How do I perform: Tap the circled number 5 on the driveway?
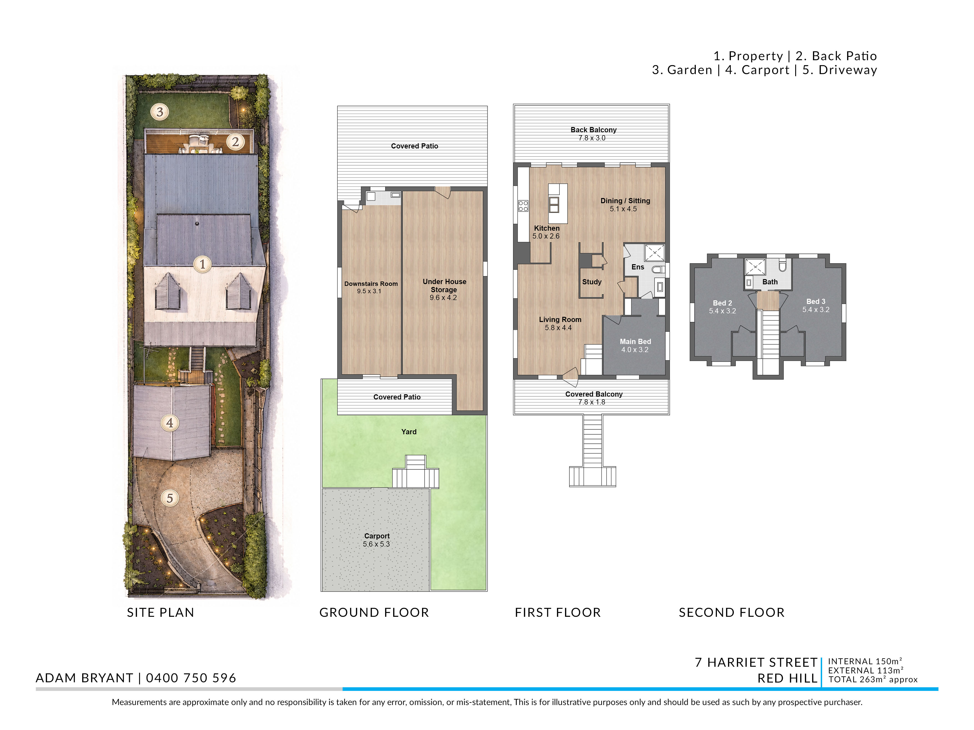point(170,498)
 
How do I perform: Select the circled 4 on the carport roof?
point(170,423)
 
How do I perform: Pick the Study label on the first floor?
point(592,282)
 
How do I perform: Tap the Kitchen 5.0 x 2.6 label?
point(546,232)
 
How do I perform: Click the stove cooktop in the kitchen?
point(523,206)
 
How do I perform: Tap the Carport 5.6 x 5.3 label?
point(376,540)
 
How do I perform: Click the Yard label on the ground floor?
point(409,432)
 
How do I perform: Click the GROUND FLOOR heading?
point(374,613)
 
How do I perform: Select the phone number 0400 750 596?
point(191,678)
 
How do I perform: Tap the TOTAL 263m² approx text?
point(873,680)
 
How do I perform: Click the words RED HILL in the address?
point(787,678)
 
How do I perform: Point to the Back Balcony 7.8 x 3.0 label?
point(593,134)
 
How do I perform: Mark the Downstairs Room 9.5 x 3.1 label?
point(371,287)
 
